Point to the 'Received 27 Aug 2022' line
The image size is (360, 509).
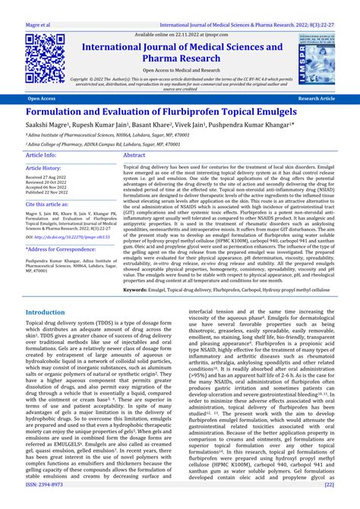coord(45,178)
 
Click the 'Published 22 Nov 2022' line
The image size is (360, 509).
coord(47,193)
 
